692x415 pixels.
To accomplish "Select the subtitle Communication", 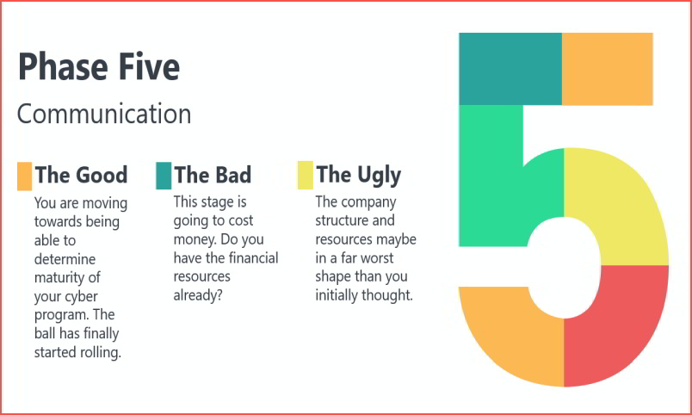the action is coord(104,114).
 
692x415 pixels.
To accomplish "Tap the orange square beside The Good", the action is coord(24,177).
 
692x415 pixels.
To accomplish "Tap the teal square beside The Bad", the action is coord(164,176).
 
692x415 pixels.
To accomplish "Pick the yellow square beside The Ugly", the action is coord(305,176).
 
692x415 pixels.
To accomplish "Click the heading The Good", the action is coord(81,175).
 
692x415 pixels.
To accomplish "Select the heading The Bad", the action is coord(213,175).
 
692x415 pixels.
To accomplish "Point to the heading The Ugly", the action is coord(359,176).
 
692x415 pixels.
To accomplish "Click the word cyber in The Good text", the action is coord(82,296).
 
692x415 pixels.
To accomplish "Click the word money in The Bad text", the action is coord(195,239).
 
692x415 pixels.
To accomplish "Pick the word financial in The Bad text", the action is coord(254,257).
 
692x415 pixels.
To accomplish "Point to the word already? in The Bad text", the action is coord(198,295).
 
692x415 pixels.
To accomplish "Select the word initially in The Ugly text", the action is coord(337,295).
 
